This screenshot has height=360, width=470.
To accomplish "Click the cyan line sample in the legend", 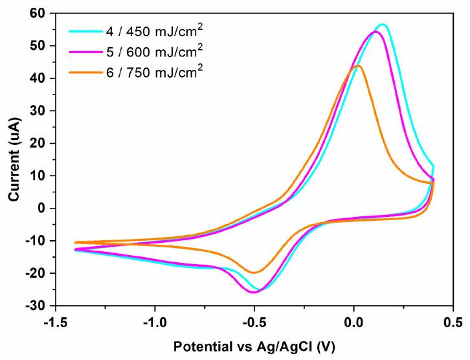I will coord(84,30).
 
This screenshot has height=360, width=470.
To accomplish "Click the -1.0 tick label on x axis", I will coord(155,321).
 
